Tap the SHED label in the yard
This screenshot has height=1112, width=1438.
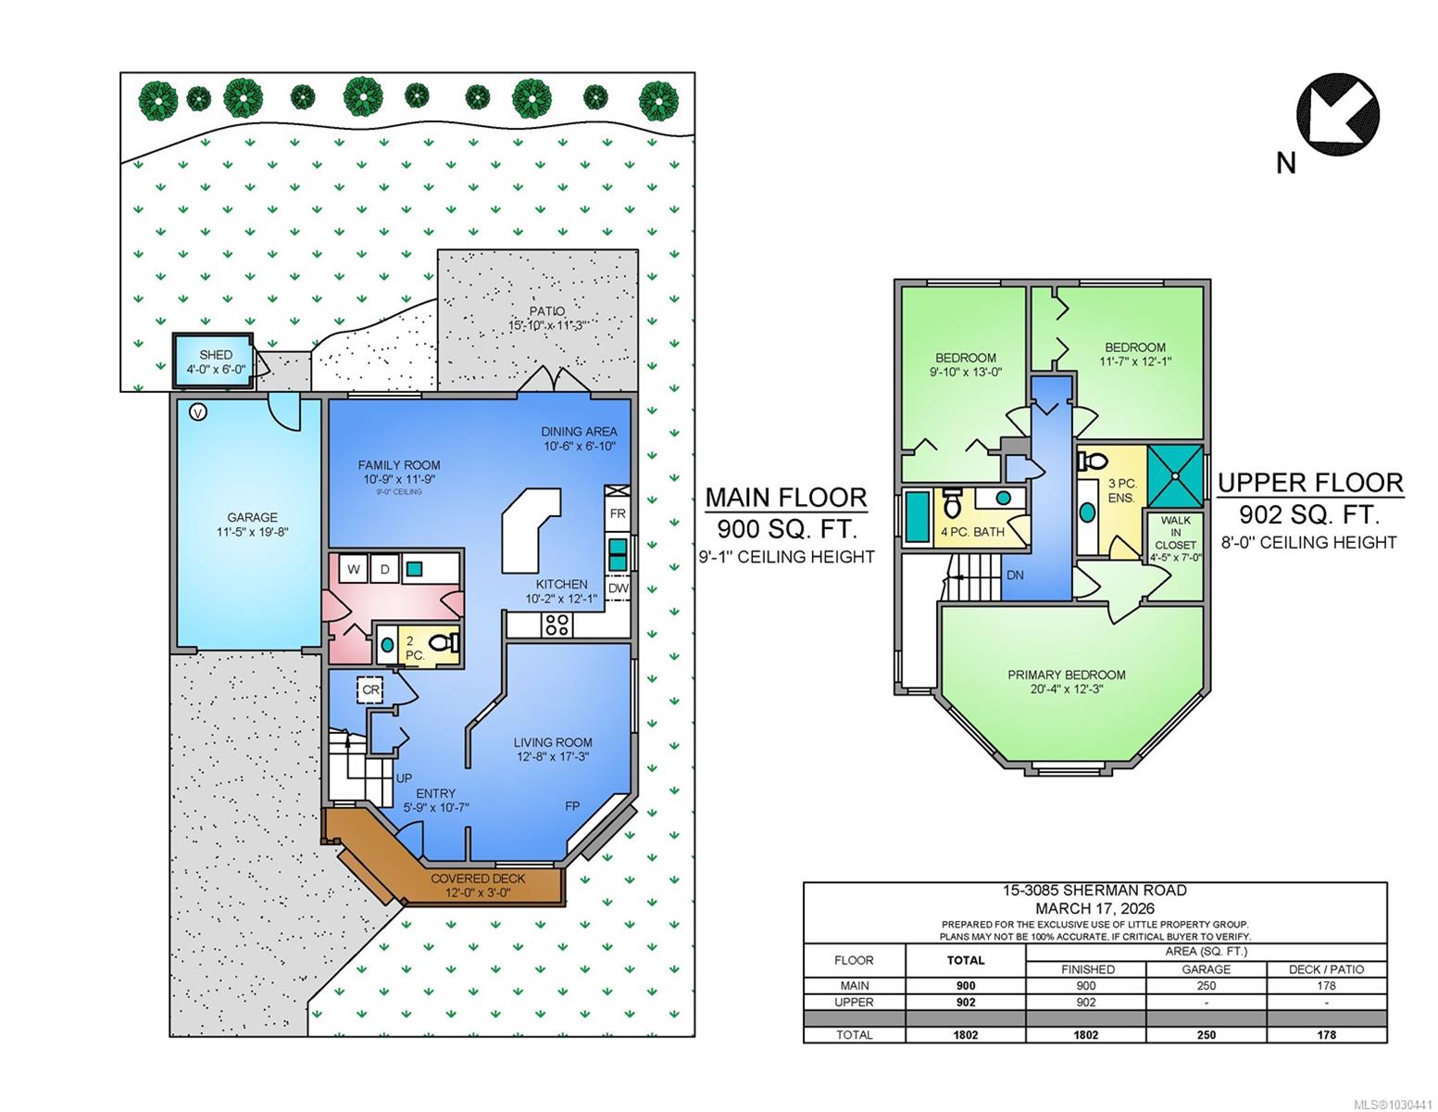click(x=216, y=355)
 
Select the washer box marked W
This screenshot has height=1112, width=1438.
click(x=354, y=569)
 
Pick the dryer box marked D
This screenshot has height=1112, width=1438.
click(x=384, y=569)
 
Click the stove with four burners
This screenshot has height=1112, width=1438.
click(x=557, y=625)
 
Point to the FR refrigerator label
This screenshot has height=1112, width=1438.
click(x=618, y=513)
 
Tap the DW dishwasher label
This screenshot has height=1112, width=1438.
click(x=619, y=588)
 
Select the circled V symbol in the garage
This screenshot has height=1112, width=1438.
click(x=198, y=412)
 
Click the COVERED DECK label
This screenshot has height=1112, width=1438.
click(x=478, y=878)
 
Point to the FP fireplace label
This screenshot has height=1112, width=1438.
click(x=572, y=806)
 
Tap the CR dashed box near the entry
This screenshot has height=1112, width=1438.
click(x=370, y=689)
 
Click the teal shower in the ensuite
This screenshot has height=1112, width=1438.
click(x=1175, y=475)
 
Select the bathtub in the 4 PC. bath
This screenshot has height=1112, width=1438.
click(x=918, y=516)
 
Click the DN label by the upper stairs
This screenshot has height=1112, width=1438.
click(x=1015, y=575)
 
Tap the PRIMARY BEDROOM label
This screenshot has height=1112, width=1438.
click(x=1066, y=675)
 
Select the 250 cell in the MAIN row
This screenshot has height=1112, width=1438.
click(x=1206, y=985)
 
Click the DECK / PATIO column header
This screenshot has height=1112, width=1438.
click(x=1326, y=969)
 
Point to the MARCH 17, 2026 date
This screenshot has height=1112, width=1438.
click(x=1094, y=908)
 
